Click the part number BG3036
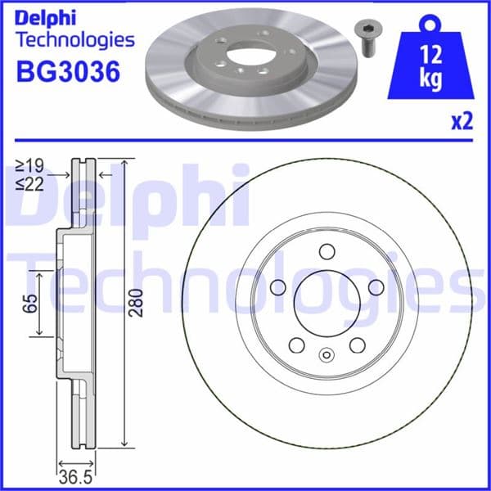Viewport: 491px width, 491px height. click(68, 72)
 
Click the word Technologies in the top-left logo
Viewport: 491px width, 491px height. click(74, 38)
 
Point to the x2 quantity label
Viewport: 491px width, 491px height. click(462, 122)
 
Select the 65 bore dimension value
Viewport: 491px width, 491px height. click(30, 304)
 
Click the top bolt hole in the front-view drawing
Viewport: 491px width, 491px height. click(327, 250)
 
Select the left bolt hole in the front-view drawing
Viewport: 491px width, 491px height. click(277, 286)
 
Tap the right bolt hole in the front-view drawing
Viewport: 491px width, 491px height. click(376, 286)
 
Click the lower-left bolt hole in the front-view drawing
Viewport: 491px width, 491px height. click(296, 345)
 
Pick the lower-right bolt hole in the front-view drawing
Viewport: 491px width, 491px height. click(357, 345)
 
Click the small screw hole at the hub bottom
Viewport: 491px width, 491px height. click(327, 355)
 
